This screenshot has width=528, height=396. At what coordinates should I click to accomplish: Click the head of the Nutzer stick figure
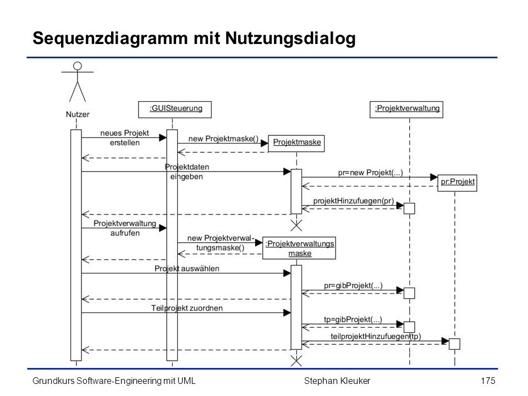coord(78,65)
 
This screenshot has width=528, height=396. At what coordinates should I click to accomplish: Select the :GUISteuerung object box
coord(175,109)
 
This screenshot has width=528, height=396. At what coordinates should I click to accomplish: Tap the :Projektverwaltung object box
coord(406,109)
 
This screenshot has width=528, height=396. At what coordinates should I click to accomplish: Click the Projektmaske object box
coord(296,144)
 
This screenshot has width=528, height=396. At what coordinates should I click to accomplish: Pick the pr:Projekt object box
coord(457,183)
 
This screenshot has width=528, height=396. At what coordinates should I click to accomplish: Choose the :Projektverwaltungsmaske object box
coord(299,248)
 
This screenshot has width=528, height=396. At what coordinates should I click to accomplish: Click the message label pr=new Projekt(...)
coord(370,173)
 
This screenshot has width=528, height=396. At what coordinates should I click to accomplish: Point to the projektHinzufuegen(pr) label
coord(354,201)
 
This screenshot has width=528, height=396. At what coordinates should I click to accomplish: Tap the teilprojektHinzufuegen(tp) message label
coord(376,337)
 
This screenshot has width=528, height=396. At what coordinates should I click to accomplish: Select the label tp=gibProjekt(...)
coord(353,319)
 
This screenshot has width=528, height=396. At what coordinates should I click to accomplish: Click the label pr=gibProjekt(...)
coord(353,285)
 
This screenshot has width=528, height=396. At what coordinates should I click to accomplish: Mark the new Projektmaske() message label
coord(223,139)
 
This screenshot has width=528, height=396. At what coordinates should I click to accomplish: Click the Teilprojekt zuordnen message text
coord(187,308)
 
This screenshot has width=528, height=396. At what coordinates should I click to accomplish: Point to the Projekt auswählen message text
coord(187,269)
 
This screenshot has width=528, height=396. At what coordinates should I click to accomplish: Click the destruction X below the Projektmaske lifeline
coord(296,226)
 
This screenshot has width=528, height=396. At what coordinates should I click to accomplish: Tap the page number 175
coord(488,381)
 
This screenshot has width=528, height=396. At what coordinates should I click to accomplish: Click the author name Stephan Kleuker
coord(337,381)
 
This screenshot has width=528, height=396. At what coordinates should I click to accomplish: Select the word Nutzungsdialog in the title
coord(290,38)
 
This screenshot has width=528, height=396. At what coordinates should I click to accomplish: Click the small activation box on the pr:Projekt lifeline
coord(455,344)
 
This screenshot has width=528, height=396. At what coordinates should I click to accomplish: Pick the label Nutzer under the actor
coord(78,114)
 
